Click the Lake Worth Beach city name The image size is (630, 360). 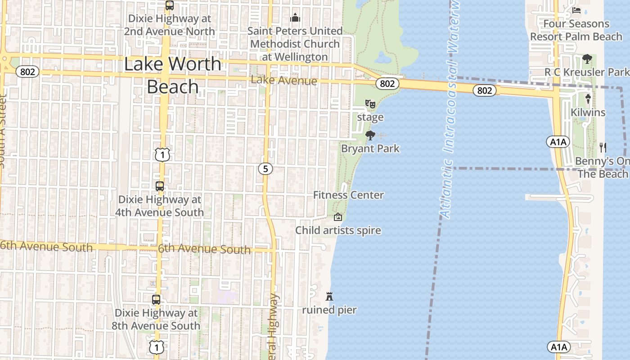coord(172,75)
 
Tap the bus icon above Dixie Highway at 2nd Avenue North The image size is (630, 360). coord(169,6)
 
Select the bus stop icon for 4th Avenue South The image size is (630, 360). coord(159,186)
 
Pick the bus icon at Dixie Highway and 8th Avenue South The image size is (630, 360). coord(156,300)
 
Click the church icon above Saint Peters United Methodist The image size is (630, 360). coord(295,18)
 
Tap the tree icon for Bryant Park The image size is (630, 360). coord(370,135)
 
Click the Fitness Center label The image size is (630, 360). coord(348,195)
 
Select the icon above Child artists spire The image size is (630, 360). coord(337,217)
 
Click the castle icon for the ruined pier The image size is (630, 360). coord(329,297)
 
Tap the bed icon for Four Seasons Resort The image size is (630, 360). coord(576,10)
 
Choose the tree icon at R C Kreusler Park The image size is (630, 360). coord(587,59)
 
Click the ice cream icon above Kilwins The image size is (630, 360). coord(588,99)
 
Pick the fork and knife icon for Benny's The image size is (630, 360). coord(603,147)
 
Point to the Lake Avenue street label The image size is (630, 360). coord(284,81)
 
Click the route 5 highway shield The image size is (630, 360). coord(265,169)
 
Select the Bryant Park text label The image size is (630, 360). coord(370,148)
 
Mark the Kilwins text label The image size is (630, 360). coord(588,112)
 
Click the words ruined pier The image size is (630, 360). coord(329,310)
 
